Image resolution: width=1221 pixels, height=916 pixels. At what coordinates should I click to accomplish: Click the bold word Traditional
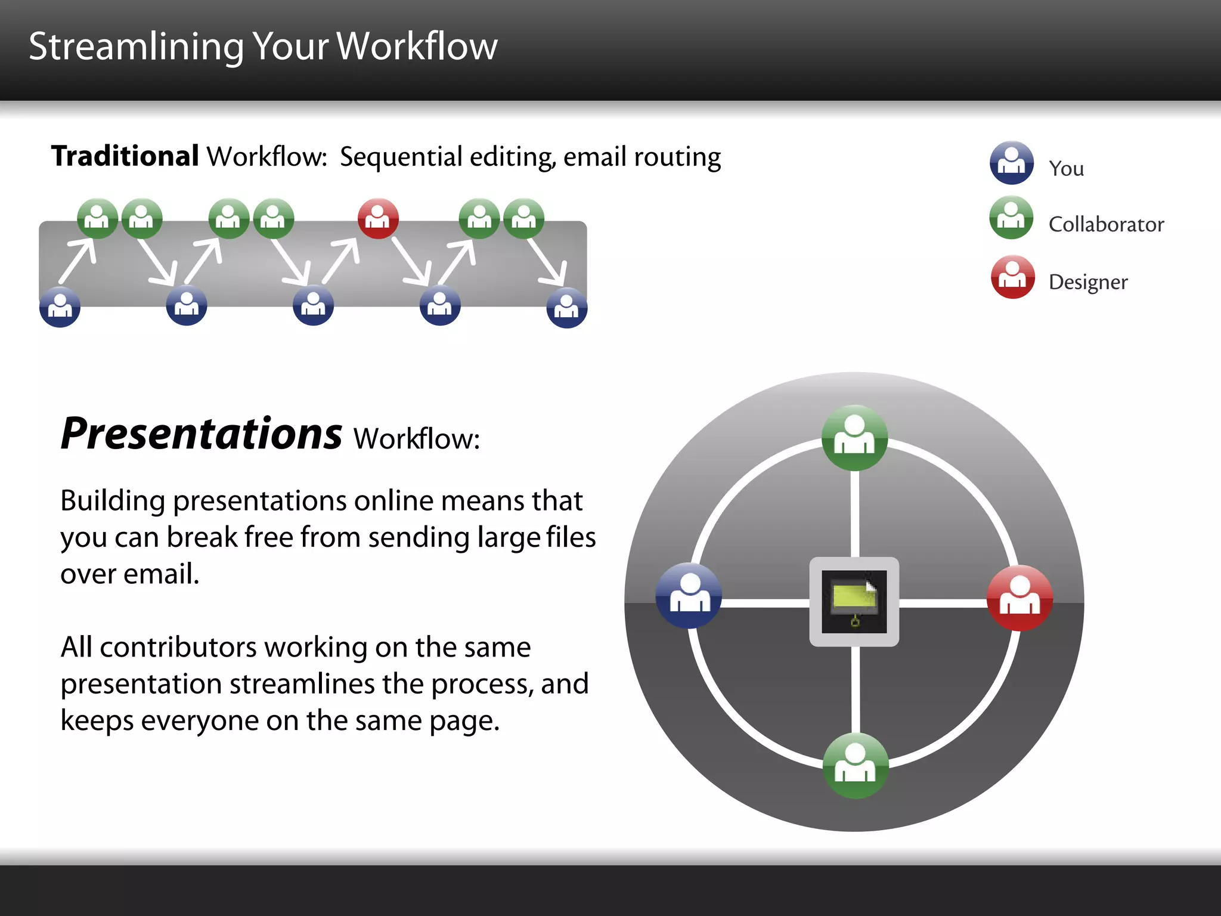[125, 156]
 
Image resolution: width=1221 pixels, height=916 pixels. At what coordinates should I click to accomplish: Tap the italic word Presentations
[202, 434]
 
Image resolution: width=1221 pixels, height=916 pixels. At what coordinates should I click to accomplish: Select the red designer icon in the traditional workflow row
[378, 218]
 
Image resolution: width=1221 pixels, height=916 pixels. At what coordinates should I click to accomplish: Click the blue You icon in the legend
[1012, 163]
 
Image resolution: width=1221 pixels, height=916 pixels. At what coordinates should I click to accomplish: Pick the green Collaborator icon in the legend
[1012, 218]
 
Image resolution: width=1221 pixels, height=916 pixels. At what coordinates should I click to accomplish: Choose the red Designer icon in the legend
[1012, 277]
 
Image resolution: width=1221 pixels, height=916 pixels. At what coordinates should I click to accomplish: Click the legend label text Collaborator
[1106, 224]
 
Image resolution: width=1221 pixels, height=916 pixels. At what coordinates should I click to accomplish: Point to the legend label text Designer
[1088, 281]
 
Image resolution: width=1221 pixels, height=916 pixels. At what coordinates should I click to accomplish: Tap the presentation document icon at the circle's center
[854, 602]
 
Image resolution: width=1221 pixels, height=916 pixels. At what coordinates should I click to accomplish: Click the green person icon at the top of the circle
[854, 438]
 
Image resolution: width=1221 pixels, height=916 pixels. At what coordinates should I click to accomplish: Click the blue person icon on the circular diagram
[689, 595]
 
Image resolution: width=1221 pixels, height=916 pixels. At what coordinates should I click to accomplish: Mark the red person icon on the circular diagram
[1019, 598]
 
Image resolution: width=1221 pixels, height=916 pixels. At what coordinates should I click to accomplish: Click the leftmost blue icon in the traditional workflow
[60, 307]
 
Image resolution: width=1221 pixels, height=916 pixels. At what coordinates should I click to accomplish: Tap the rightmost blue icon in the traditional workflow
[567, 308]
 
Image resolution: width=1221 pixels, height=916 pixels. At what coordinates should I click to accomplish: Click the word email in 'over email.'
[161, 574]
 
